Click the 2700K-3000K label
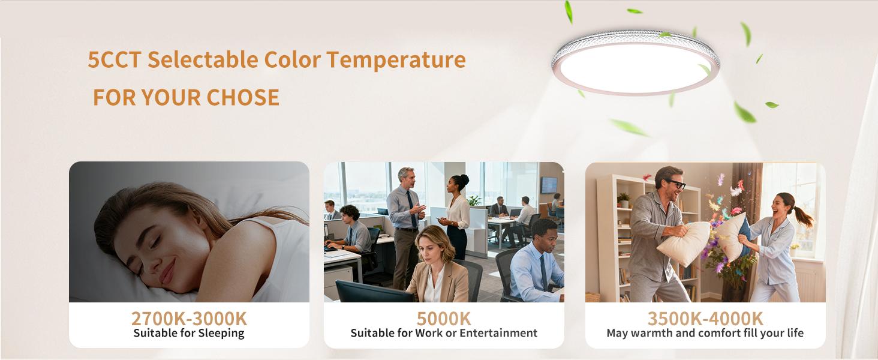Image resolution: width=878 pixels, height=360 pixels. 189,318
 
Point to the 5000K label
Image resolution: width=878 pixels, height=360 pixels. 444,318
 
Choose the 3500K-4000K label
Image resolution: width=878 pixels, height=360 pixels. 705,318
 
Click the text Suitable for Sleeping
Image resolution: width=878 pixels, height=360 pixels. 189,333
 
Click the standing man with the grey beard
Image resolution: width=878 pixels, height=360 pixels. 406,222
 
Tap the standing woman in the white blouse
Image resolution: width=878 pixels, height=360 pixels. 457,216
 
